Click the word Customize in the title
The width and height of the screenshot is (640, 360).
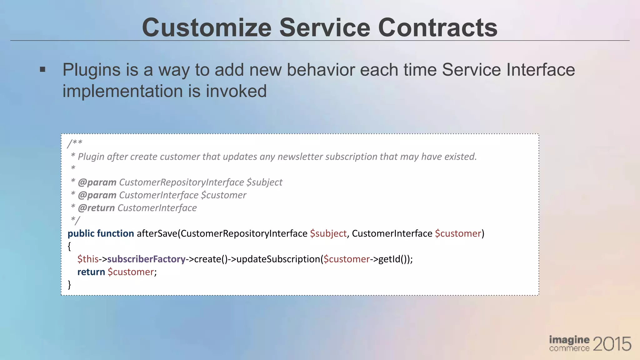[x=207, y=27]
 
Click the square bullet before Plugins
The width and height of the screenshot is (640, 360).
[x=43, y=69]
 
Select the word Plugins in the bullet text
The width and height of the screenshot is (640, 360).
[x=91, y=70]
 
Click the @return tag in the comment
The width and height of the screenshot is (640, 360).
[x=96, y=208]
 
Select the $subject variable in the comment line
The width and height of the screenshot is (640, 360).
[x=264, y=182]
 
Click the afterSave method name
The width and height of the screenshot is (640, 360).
[x=157, y=233]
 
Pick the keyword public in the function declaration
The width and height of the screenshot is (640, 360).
[x=81, y=233]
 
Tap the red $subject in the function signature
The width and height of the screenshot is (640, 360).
[x=328, y=233]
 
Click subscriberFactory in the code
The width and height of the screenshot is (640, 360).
[x=146, y=259]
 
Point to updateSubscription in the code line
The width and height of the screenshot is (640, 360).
[x=278, y=259]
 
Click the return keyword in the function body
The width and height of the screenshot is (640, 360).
[x=91, y=272]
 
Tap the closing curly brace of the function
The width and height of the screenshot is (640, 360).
[x=69, y=284]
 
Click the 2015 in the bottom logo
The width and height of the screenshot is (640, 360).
[x=612, y=344]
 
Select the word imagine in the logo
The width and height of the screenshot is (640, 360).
[x=569, y=340]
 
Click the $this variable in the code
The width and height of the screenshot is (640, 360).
[x=88, y=259]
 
